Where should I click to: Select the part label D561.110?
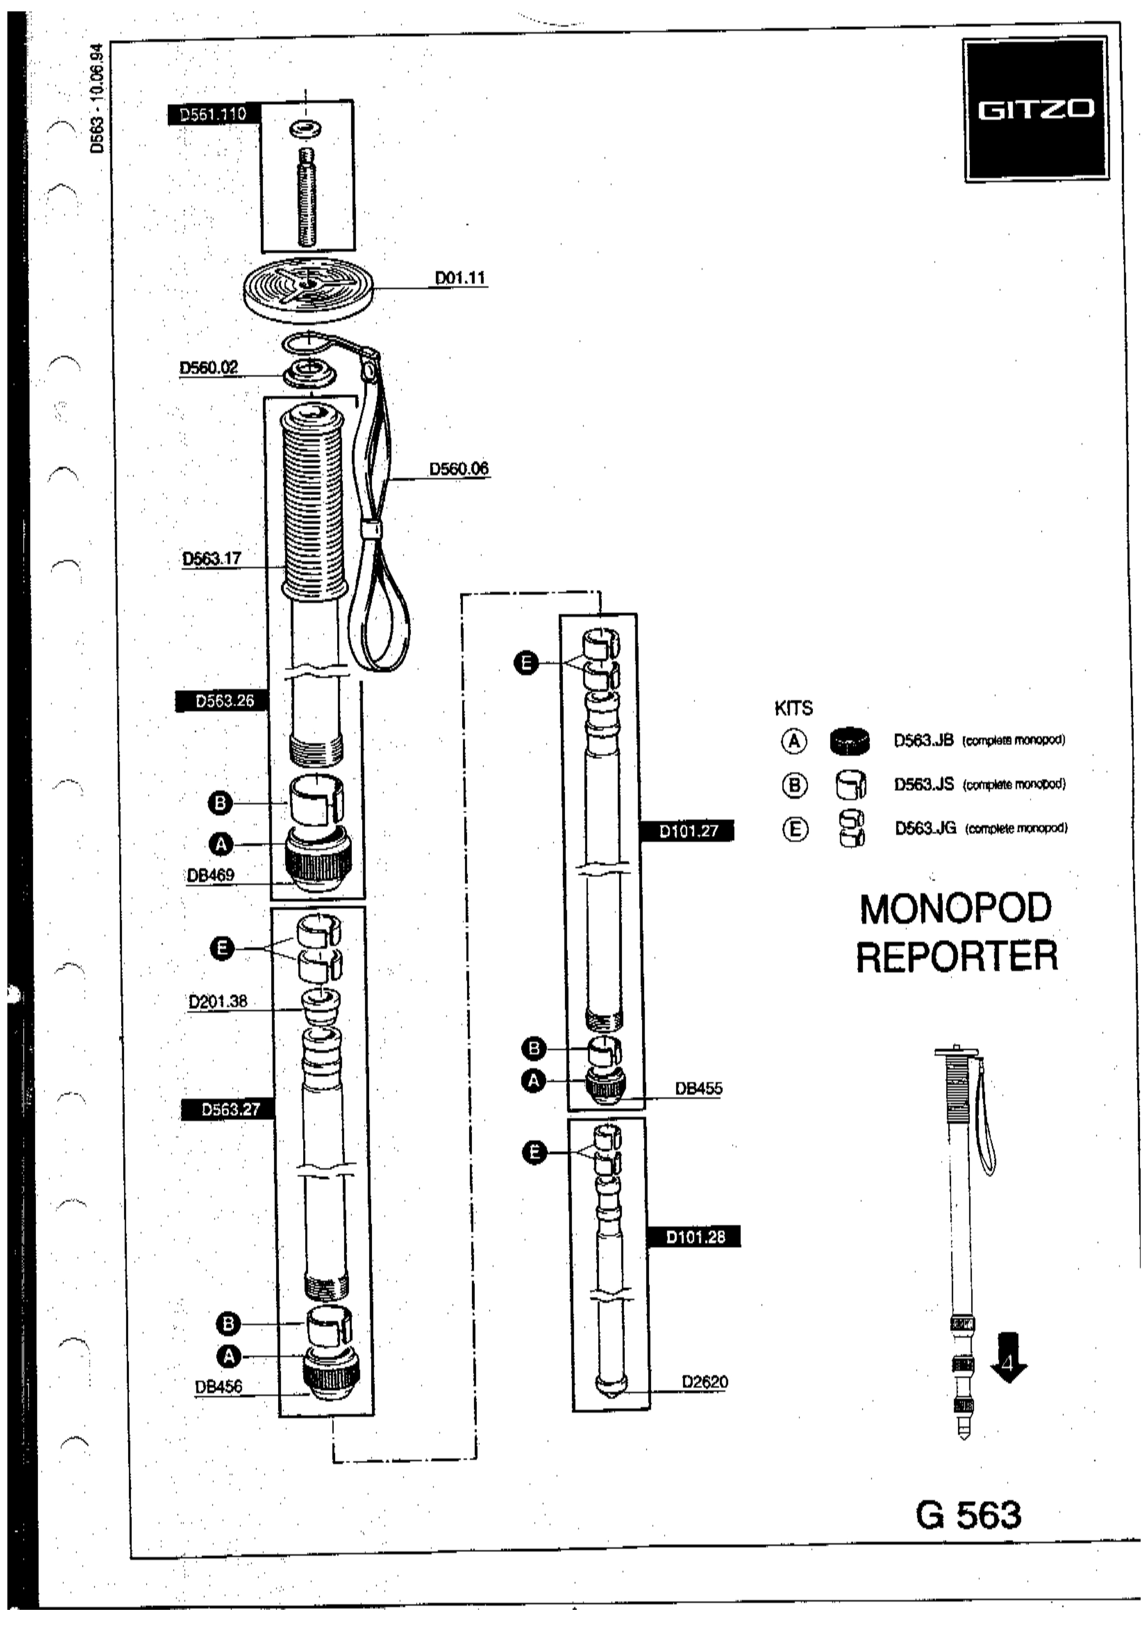[x=213, y=114]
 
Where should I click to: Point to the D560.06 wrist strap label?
[x=459, y=469]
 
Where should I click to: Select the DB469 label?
[x=210, y=875]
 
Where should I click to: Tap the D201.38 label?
[x=218, y=1002]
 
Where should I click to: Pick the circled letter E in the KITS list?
[x=795, y=829]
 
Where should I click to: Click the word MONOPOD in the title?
[x=956, y=910]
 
